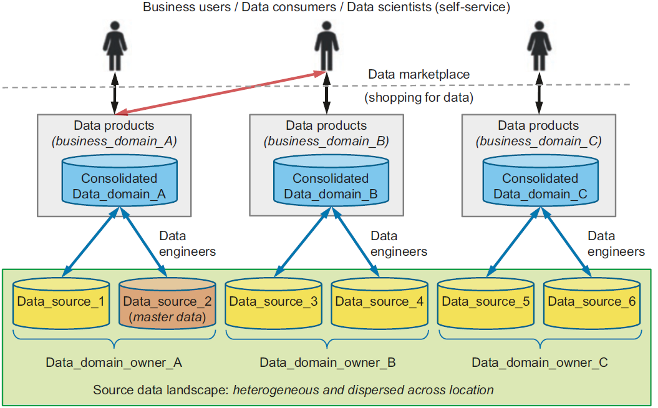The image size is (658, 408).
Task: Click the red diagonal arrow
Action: pos(221,93)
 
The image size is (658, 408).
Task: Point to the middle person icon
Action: pos(326,46)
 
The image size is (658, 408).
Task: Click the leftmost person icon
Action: pos(114,46)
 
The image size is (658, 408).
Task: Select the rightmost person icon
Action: pos(538,46)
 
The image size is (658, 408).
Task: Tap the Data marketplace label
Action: pos(419,75)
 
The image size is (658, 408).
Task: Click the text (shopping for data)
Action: pos(419,98)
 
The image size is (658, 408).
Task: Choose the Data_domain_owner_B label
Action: pos(327,362)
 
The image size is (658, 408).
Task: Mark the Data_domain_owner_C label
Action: pos(539,362)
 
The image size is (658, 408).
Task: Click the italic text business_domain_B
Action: pos(326,141)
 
